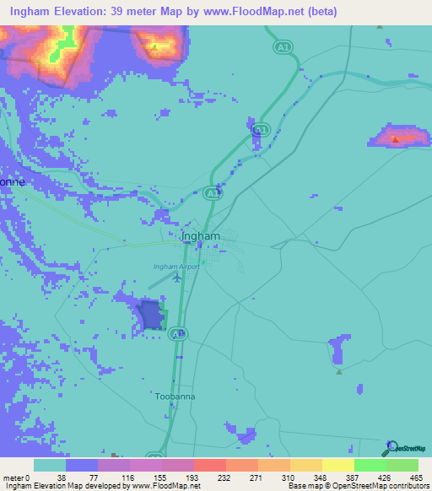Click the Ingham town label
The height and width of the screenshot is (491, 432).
[202, 236]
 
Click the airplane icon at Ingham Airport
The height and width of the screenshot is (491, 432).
[177, 276]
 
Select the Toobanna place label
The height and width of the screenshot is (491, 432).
[175, 395]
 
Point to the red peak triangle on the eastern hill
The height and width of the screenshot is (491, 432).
[396, 140]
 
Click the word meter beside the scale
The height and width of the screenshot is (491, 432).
[12, 478]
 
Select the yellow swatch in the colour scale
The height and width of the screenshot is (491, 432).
[337, 465]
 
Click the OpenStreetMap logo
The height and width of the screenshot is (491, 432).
[407, 448]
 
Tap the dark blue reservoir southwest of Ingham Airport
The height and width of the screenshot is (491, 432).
[151, 315]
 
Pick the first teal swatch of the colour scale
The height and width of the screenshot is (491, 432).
[50, 465]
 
